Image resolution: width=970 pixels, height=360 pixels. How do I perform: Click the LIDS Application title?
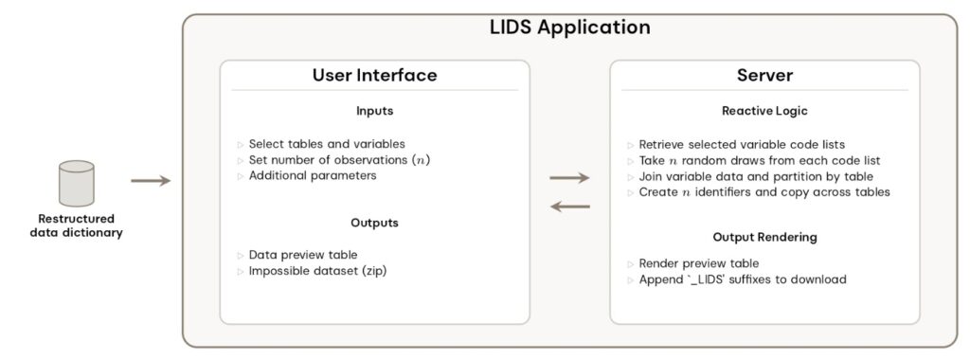[x=568, y=28]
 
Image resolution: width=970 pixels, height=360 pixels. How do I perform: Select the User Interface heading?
[x=374, y=76]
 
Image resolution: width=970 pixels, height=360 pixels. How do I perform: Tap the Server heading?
[x=763, y=76]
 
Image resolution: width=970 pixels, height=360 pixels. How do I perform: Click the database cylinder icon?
[x=76, y=184]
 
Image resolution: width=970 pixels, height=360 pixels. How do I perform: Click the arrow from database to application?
[x=150, y=180]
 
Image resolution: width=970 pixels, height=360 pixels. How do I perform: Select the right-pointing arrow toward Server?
[x=569, y=177]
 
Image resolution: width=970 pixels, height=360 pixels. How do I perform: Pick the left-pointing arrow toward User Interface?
[x=569, y=206]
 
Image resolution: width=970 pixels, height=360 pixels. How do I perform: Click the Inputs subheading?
[x=374, y=112]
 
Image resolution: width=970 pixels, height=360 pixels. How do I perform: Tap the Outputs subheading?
[x=374, y=223]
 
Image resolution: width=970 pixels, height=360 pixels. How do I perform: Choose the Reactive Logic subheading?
[x=763, y=112]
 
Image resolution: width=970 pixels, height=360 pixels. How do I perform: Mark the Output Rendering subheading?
[x=763, y=236]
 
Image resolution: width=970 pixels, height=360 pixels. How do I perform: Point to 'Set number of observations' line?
[x=339, y=159]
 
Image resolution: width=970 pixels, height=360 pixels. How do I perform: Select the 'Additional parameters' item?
[x=313, y=175]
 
